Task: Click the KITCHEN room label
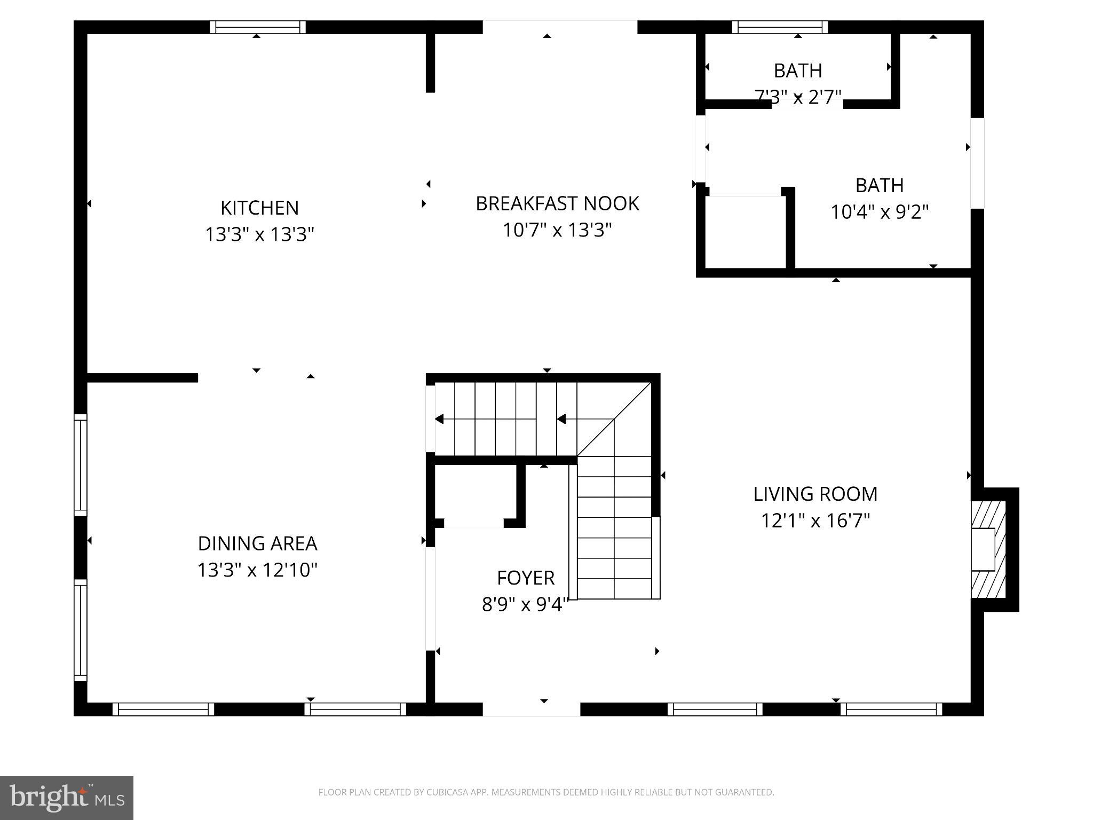click(259, 208)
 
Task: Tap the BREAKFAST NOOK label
click(557, 203)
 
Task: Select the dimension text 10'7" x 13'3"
click(557, 230)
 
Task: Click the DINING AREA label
click(257, 543)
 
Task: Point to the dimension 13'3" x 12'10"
click(257, 570)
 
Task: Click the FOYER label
click(526, 578)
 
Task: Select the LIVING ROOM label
click(815, 494)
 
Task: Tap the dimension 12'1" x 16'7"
click(815, 521)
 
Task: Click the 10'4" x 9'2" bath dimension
click(879, 212)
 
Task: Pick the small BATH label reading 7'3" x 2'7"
click(797, 70)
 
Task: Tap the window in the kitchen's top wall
click(257, 27)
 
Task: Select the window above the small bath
click(780, 27)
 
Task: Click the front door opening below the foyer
click(531, 709)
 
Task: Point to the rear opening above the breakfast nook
click(560, 27)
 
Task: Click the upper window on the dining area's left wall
click(80, 465)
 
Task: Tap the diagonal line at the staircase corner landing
click(614, 419)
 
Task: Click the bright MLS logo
click(66, 798)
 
